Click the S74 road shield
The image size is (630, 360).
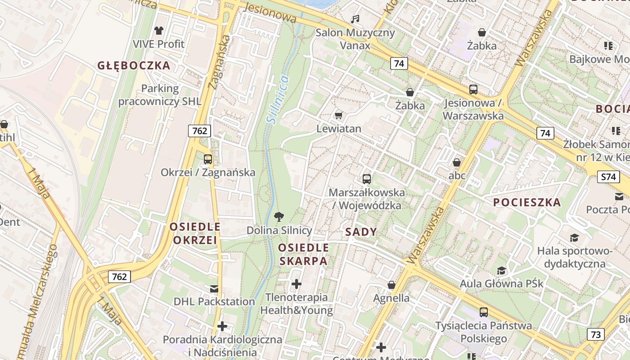click(x=607, y=177)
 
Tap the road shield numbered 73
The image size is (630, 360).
click(x=595, y=334)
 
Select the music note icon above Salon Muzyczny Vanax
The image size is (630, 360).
click(x=355, y=19)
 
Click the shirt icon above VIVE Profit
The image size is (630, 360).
click(x=158, y=31)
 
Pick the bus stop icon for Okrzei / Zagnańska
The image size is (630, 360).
click(x=207, y=159)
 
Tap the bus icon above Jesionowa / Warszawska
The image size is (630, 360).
click(x=473, y=89)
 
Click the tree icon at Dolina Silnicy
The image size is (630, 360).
click(x=279, y=217)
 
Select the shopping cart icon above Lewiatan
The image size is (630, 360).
click(x=339, y=115)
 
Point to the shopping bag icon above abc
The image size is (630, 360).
click(x=457, y=162)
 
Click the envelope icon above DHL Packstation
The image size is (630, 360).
click(x=214, y=288)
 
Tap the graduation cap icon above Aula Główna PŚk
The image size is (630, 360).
click(x=501, y=270)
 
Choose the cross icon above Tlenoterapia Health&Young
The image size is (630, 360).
click(x=296, y=284)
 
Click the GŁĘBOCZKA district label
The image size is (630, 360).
click(x=134, y=66)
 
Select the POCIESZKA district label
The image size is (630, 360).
click(x=527, y=202)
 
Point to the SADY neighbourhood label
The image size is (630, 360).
click(x=360, y=232)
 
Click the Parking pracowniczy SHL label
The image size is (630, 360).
click(x=160, y=95)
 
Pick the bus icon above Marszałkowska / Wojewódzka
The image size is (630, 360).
click(x=367, y=179)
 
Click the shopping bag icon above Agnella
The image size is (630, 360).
click(x=391, y=285)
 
